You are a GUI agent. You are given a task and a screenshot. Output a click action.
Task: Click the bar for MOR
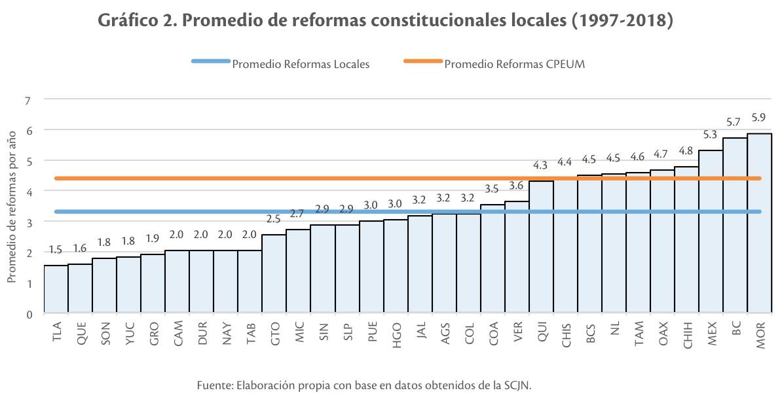(759, 224)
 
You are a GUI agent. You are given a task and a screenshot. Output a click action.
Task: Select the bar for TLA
(56, 289)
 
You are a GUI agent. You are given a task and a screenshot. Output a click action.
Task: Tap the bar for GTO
(274, 274)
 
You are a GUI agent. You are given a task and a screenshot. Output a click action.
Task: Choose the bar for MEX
(711, 232)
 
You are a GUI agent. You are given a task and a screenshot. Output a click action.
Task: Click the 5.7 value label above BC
(735, 122)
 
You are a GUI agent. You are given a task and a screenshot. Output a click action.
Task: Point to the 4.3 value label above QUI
(541, 165)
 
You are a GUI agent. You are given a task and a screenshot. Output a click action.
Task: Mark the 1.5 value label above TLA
(56, 250)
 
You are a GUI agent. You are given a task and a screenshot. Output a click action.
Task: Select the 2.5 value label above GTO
(274, 219)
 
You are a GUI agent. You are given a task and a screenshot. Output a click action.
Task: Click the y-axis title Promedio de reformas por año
(11, 206)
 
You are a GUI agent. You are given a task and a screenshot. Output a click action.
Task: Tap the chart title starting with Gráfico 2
(386, 22)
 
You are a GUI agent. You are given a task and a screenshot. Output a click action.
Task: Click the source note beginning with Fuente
(363, 385)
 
